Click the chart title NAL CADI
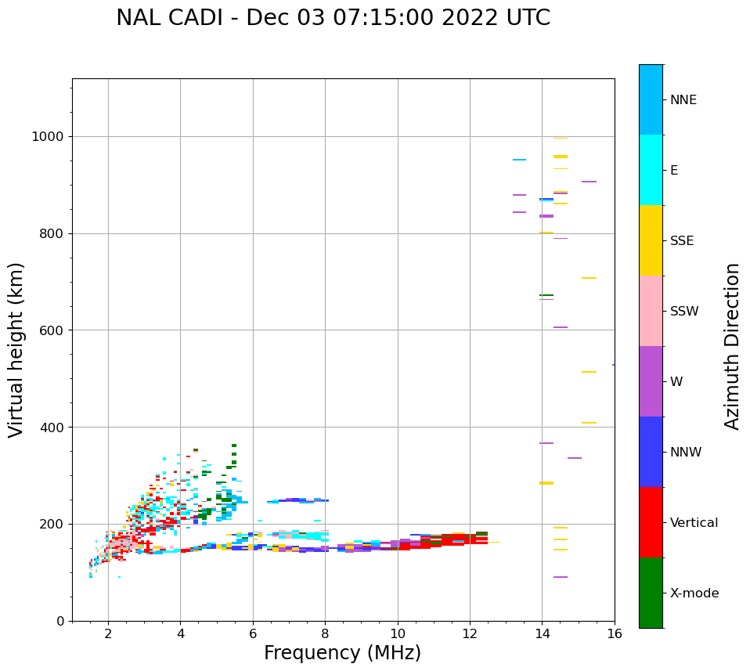coord(333,18)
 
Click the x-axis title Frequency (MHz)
coord(342,653)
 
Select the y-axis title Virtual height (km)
coord(16,350)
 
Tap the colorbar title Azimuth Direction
coord(732,346)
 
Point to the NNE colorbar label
coord(683,100)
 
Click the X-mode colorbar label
coord(694,593)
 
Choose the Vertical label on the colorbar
coord(694,523)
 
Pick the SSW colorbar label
coord(683,312)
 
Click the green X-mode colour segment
coord(651,593)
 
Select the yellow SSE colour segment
coord(651,240)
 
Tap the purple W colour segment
coord(651,381)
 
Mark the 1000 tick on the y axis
coord(49,137)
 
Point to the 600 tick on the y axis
coord(52,330)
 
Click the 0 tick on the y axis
coord(60,621)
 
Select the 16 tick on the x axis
coord(615,633)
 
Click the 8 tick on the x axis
coord(325,633)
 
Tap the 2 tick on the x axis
coord(108,633)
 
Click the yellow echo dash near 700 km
coord(589,278)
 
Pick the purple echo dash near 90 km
coord(560,577)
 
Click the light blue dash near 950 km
coord(519,160)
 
